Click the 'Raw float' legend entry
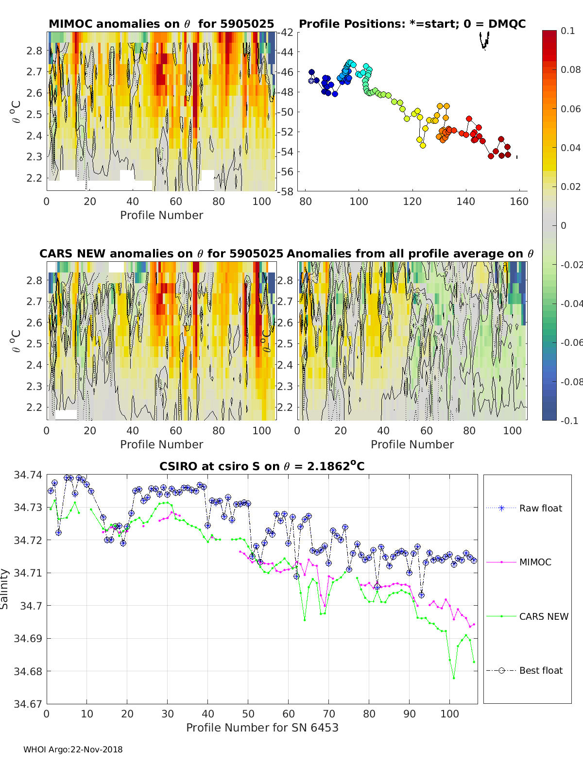[524, 508]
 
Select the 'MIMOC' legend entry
[519, 562]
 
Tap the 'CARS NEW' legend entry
[527, 616]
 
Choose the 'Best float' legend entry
[524, 671]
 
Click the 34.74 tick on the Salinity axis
[28, 475]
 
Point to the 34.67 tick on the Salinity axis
[28, 704]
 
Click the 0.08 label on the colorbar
[570, 70]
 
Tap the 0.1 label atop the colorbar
[567, 31]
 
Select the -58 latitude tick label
[285, 191]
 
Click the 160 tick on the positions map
[519, 202]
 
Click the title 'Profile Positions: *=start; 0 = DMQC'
[412, 24]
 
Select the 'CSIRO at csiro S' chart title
[262, 466]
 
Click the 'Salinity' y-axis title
[4, 589]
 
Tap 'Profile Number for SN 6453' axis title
[262, 728]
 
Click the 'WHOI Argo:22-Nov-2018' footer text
[73, 749]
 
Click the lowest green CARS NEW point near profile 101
[454, 678]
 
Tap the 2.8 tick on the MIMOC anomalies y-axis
[34, 51]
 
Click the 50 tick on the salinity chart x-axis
[248, 714]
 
